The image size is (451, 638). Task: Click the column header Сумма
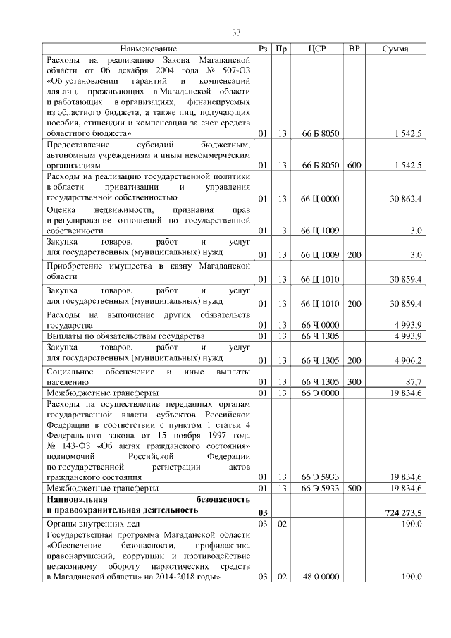395,48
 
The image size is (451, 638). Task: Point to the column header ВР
354,48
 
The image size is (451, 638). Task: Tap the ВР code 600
354,165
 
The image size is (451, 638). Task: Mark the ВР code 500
354,488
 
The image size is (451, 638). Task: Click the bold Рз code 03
263,513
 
